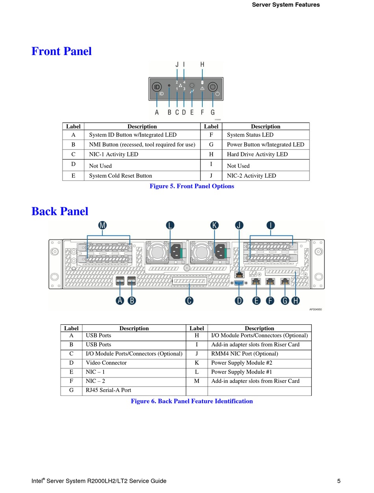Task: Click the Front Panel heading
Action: point(61,52)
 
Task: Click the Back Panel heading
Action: point(60,212)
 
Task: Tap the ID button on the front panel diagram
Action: point(157,87)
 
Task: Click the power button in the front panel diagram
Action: point(213,87)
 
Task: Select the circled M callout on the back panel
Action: point(102,225)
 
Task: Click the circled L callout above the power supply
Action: point(170,225)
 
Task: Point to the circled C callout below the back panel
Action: point(189,301)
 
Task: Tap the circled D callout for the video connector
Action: point(239,301)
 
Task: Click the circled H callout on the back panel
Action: point(295,301)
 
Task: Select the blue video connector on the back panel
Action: point(239,282)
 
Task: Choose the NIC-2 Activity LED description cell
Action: point(251,176)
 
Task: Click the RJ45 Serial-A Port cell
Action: point(108,390)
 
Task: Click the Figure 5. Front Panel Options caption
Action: point(192,186)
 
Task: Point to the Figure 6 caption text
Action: point(192,401)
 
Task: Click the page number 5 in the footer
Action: point(339,481)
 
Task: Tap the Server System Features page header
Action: point(285,5)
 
